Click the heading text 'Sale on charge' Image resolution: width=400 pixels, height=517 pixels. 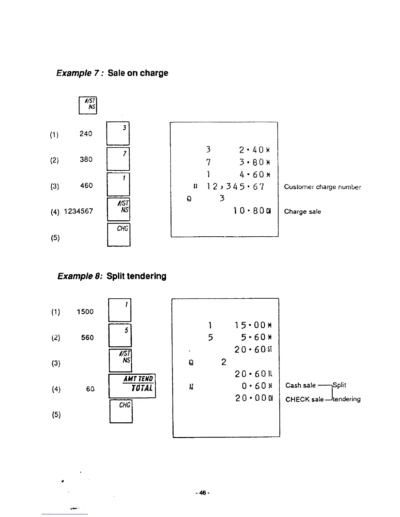coord(138,73)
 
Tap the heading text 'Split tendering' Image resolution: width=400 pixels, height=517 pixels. coord(136,276)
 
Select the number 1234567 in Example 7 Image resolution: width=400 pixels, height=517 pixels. coord(78,211)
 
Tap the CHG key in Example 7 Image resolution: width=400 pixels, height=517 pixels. coord(119,235)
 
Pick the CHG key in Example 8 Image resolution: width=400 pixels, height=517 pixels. coord(121,411)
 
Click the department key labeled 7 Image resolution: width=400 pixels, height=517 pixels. coord(118,159)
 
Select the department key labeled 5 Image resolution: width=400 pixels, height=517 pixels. coord(120,335)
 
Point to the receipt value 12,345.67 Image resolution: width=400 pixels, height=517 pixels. coord(235,187)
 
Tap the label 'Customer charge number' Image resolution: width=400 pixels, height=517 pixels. coord(322,187)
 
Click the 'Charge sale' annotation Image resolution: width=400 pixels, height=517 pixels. coord(302,211)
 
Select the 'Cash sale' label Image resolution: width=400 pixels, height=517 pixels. coord(300,385)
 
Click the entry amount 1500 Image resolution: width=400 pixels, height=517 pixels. coord(85,312)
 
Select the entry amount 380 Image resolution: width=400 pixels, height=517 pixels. coord(86,160)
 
